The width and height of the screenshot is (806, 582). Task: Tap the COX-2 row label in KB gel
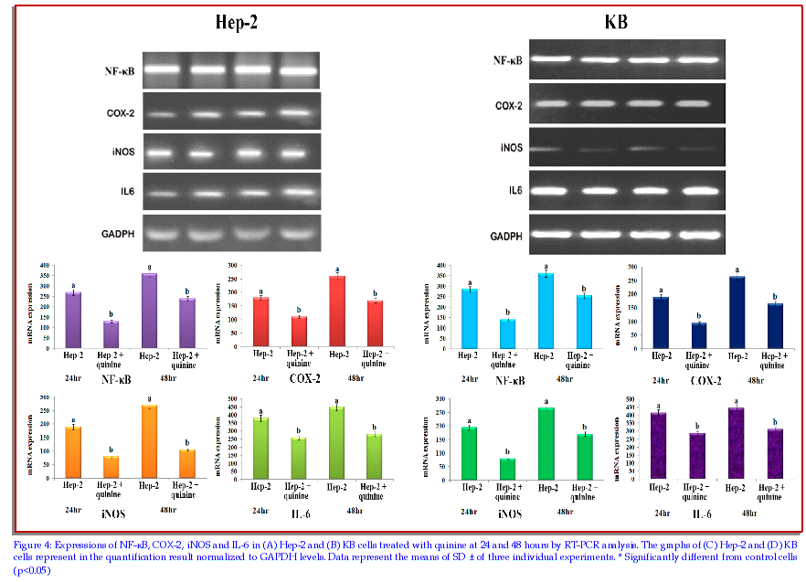click(x=508, y=106)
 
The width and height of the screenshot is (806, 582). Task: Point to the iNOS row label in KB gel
click(x=511, y=148)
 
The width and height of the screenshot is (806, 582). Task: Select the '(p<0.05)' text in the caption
click(x=32, y=570)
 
